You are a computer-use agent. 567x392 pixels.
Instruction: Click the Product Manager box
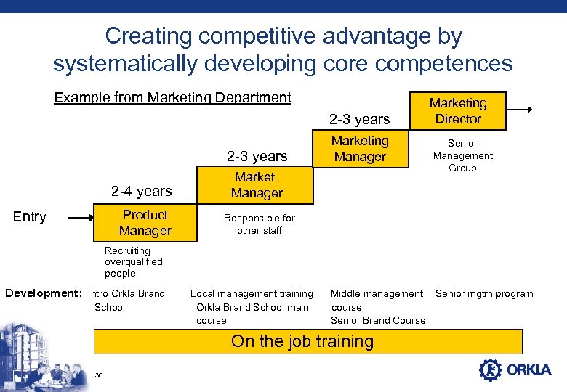145,223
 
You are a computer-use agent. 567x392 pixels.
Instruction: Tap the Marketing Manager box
360,149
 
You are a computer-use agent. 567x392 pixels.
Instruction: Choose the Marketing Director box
458,111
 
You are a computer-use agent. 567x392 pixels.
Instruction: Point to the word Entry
30,217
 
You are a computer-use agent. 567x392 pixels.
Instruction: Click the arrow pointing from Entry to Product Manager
80,217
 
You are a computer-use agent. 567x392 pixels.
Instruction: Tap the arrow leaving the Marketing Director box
519,110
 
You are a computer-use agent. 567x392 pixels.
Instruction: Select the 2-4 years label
141,192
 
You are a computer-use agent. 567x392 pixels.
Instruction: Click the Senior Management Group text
462,156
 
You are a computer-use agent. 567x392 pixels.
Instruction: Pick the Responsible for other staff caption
259,224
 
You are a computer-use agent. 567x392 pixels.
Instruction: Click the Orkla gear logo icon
491,369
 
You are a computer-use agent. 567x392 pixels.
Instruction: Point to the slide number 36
99,375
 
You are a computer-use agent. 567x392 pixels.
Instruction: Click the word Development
42,294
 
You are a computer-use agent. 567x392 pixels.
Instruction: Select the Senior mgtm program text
484,294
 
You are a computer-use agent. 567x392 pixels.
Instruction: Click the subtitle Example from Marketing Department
173,98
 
